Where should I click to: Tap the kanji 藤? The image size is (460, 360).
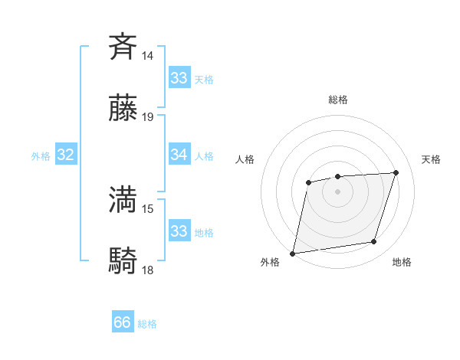click(x=123, y=109)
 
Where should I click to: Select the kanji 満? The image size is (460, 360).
click(x=123, y=199)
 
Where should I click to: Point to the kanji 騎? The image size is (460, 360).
click(x=123, y=261)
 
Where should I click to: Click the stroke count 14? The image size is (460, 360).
click(x=147, y=55)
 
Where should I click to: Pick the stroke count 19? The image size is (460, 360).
click(x=147, y=117)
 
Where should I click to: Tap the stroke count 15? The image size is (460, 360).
click(x=147, y=208)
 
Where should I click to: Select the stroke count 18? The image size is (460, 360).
click(x=147, y=270)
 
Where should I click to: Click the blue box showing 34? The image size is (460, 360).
click(x=179, y=155)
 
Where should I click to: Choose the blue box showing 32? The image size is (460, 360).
click(x=66, y=155)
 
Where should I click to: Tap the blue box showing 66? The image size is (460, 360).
click(x=123, y=322)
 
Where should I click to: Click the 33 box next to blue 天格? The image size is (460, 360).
click(x=179, y=77)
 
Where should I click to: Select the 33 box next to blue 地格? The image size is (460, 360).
click(x=179, y=231)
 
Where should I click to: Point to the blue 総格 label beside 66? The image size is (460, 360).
click(x=147, y=324)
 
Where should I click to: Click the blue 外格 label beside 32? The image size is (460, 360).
click(x=41, y=156)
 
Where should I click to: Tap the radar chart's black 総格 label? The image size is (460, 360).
click(x=337, y=100)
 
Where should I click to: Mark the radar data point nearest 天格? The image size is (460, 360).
click(x=396, y=172)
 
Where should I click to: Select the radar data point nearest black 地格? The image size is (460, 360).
click(x=374, y=242)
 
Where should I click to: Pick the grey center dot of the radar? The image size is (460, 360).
click(x=337, y=191)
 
